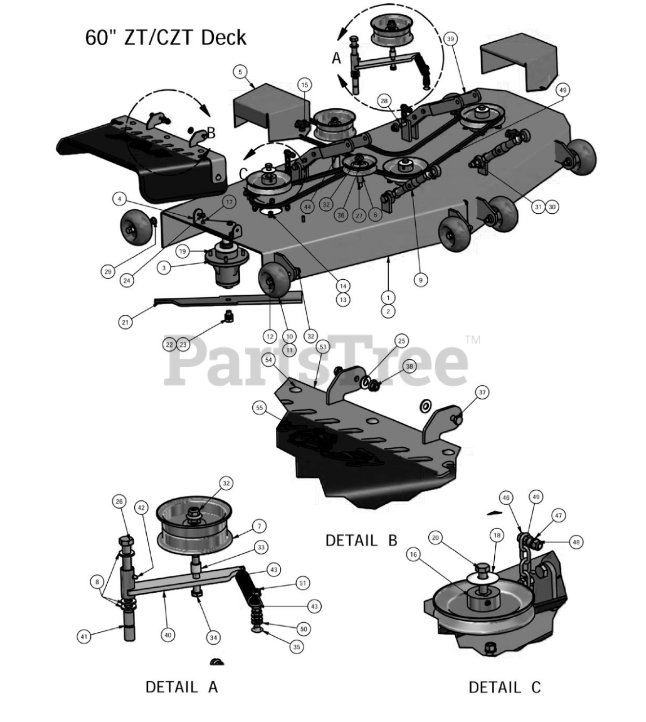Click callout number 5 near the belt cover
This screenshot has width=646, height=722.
click(x=240, y=72)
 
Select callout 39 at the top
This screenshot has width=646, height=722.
click(x=450, y=39)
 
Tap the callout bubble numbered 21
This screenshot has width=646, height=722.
click(x=125, y=322)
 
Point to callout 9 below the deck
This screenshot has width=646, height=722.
click(x=421, y=279)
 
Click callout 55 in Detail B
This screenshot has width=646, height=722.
click(x=260, y=408)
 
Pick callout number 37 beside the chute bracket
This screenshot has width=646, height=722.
click(x=482, y=392)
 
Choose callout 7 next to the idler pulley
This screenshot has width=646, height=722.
click(x=259, y=526)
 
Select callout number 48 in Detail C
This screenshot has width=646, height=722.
click(x=576, y=541)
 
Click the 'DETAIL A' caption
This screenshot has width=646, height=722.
click(x=181, y=686)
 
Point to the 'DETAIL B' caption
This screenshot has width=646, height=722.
click(x=361, y=540)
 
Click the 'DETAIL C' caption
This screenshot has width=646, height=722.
click(x=504, y=686)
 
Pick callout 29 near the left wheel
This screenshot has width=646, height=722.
click(x=107, y=272)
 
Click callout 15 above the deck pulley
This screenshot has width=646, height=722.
click(x=305, y=85)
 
